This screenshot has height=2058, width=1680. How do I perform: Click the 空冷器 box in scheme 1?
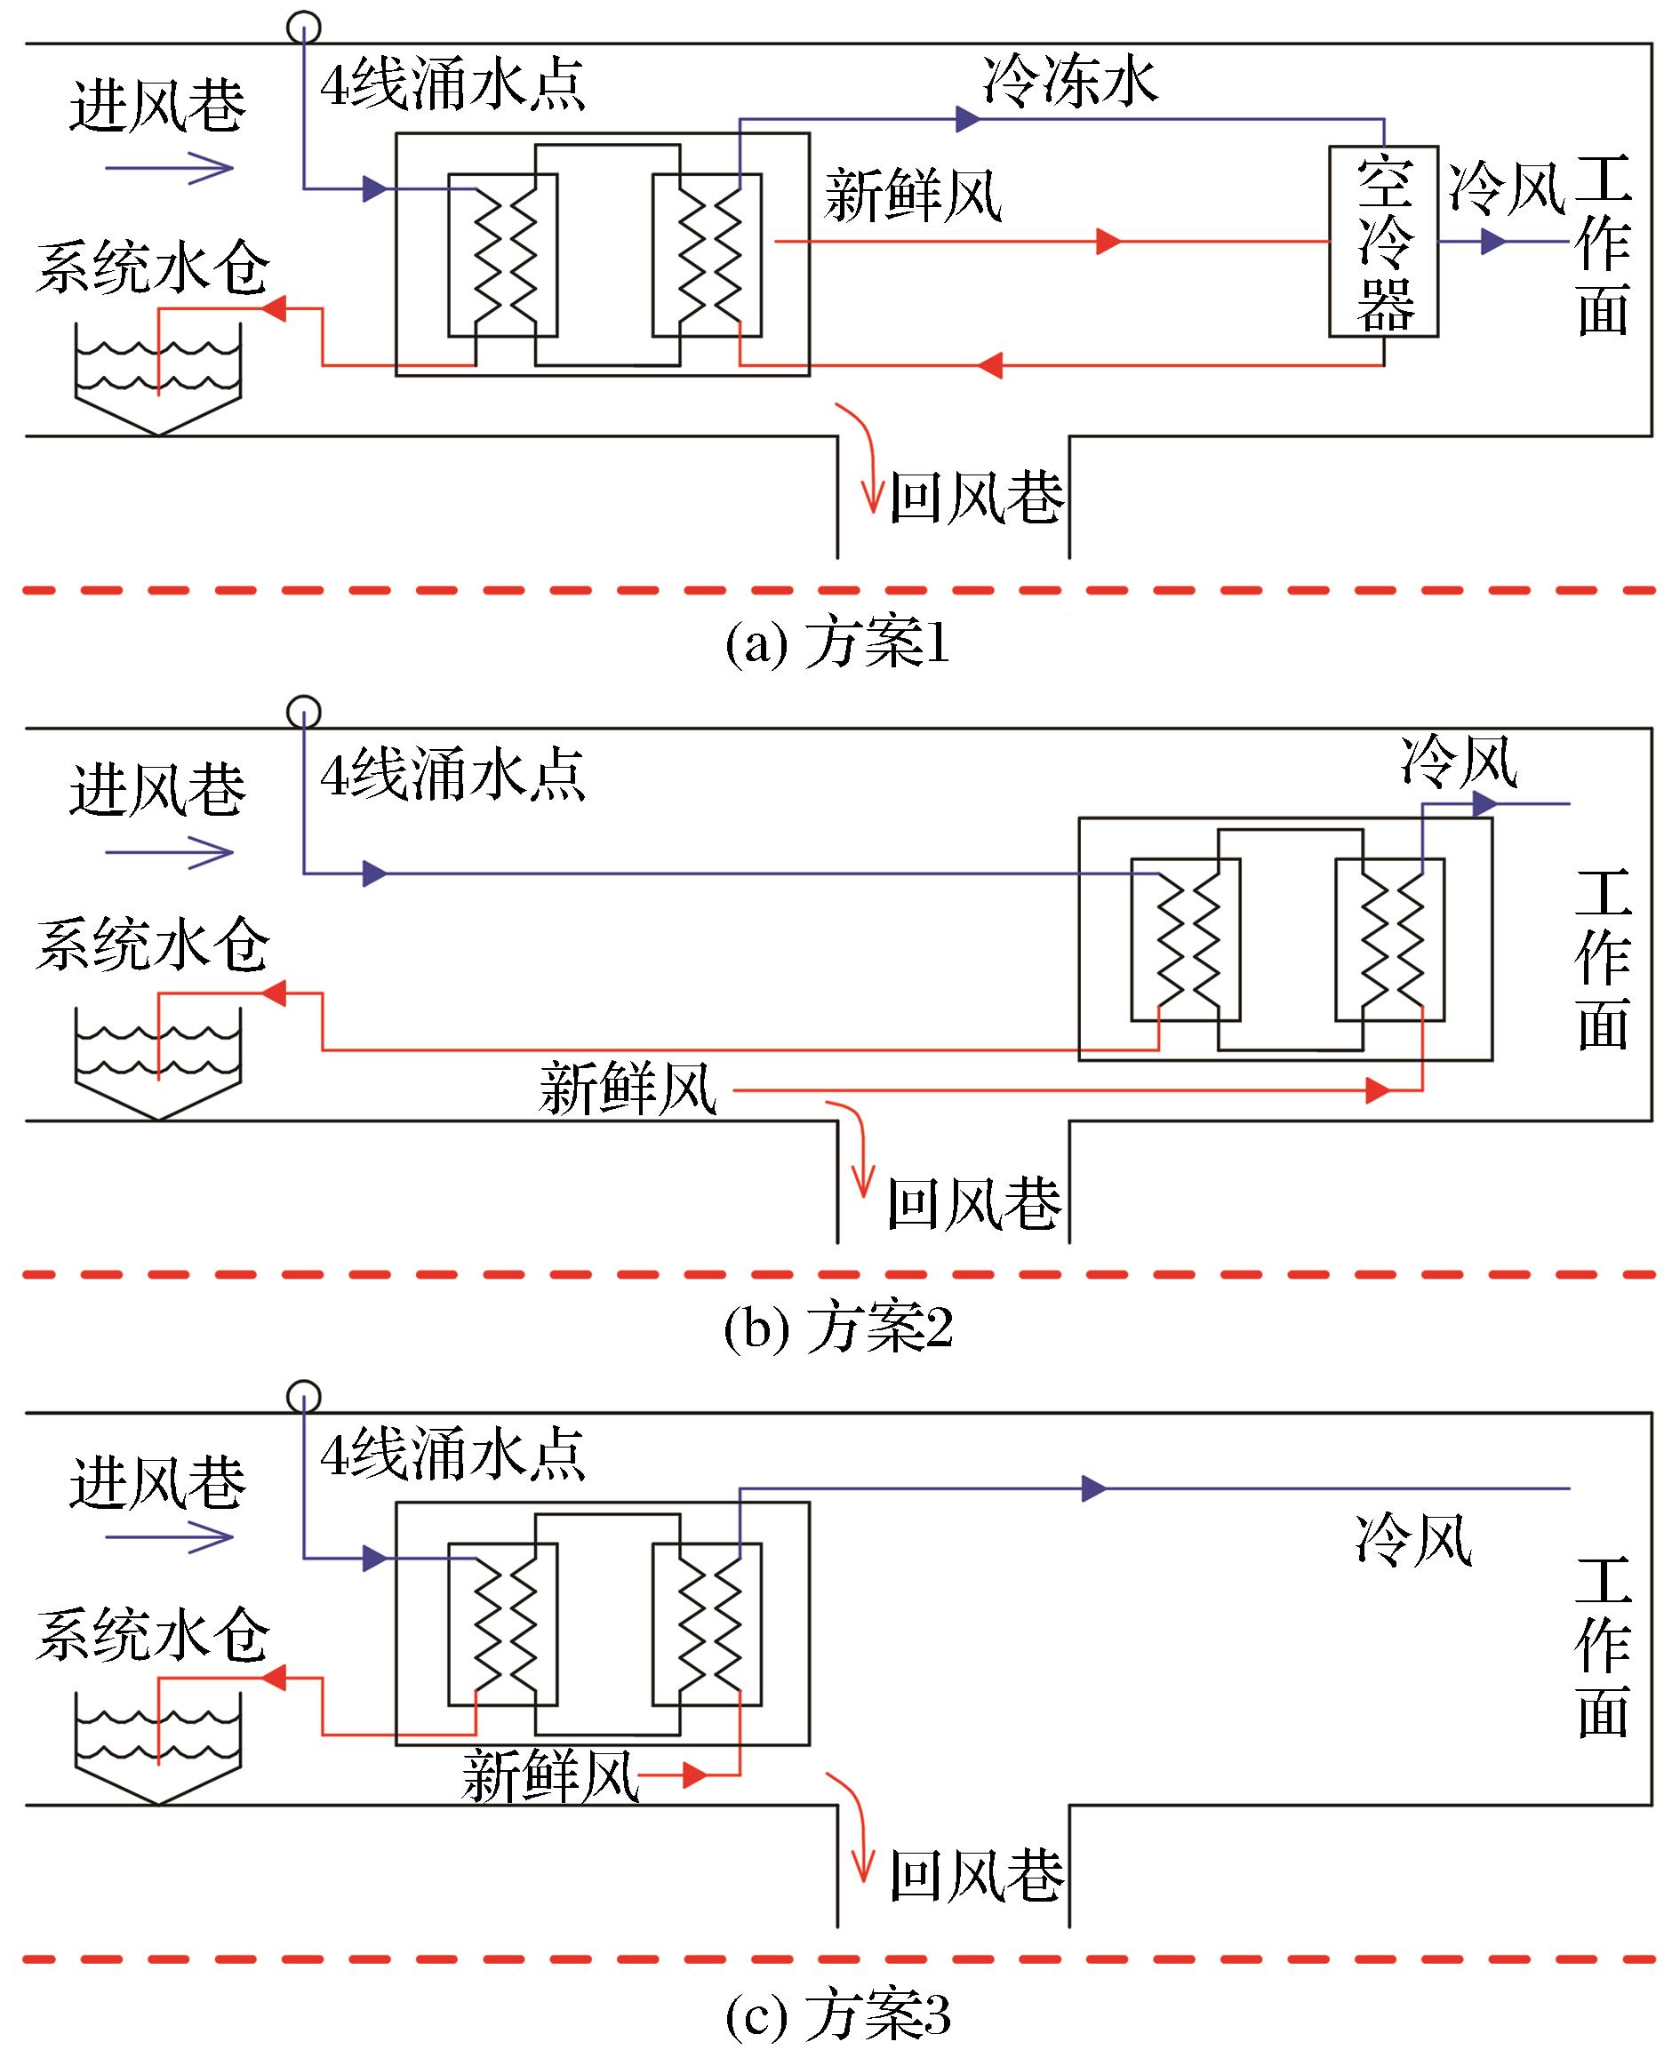point(1383,242)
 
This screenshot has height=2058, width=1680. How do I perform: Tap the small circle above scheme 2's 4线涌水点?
point(304,712)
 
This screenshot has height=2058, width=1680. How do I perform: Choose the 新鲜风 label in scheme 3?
point(550,1776)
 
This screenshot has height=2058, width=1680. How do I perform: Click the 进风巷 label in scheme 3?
point(157,1481)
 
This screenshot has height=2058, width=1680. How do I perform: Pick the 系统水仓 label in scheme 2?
point(153,945)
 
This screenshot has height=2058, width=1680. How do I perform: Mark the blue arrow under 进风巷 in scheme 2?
point(170,852)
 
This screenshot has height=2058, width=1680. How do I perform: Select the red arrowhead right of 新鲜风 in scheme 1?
point(1108,241)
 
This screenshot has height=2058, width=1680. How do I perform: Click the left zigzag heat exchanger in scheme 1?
point(503,255)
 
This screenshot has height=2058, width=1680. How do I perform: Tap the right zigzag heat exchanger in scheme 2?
point(1390,939)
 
